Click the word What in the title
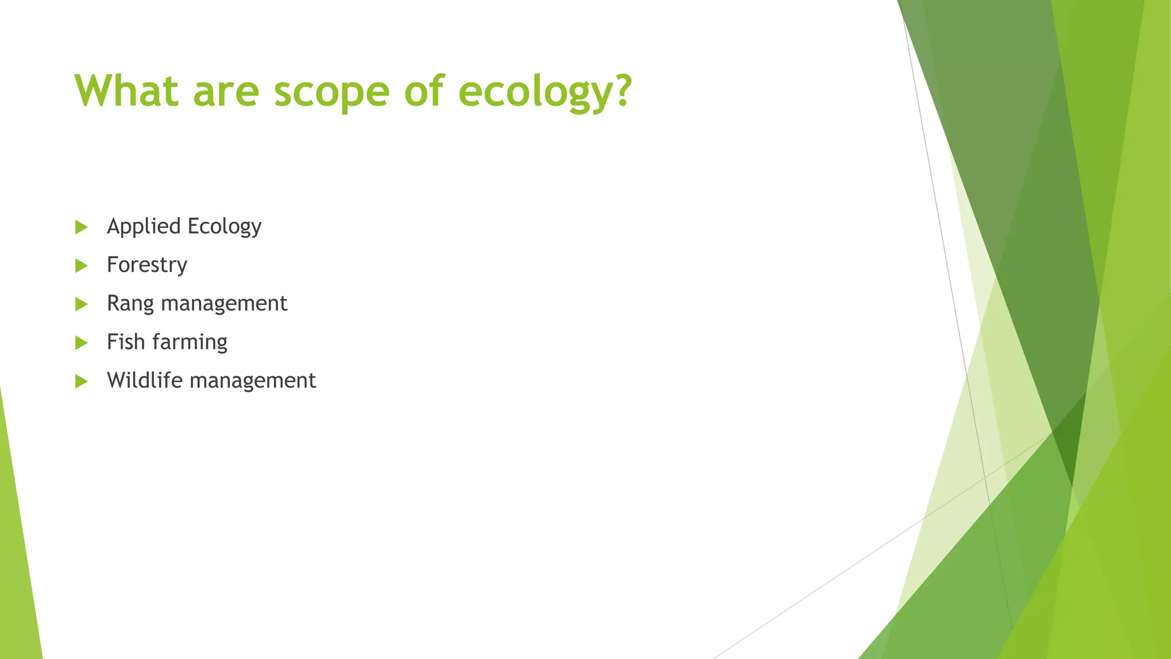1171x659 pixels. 126,90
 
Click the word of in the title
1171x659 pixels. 424,90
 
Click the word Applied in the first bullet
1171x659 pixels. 144,227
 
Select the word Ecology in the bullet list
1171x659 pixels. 224,227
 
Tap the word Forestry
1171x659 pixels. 147,265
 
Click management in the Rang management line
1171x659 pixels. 224,303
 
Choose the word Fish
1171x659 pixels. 126,342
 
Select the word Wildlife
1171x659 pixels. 145,380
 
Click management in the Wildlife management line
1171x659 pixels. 253,381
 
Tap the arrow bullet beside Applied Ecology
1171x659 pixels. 81,227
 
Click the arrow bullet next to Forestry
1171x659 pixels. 81,265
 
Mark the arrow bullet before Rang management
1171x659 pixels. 81,304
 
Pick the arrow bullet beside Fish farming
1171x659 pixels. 81,343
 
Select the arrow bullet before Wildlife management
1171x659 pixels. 81,381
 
